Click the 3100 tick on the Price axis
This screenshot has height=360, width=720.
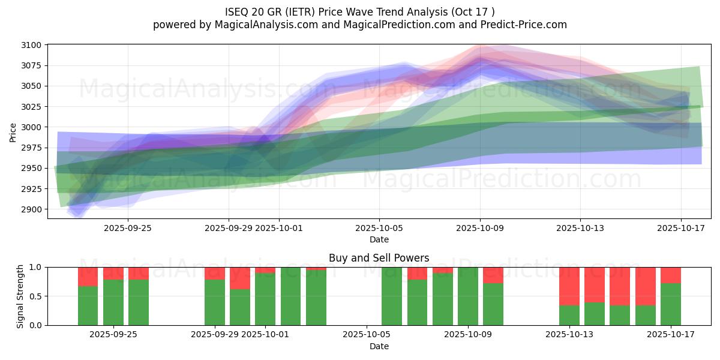click(x=33, y=45)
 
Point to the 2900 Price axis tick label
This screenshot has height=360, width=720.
click(x=33, y=209)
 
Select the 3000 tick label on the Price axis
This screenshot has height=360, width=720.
click(x=33, y=127)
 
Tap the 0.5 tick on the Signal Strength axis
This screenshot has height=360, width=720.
click(x=35, y=296)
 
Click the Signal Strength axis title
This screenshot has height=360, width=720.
click(x=20, y=296)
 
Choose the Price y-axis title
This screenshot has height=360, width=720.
click(x=13, y=132)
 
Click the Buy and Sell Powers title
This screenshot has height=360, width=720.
click(x=379, y=258)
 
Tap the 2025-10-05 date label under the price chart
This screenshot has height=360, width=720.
click(x=379, y=228)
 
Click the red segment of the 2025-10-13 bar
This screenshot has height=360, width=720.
click(x=569, y=286)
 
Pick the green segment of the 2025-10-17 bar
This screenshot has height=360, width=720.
click(x=671, y=304)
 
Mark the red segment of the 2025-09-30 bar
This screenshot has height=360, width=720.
click(x=240, y=278)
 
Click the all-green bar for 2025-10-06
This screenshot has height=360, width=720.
click(x=392, y=296)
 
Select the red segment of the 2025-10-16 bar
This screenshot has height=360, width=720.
click(x=646, y=286)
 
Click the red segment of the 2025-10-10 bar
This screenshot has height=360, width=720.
click(x=493, y=275)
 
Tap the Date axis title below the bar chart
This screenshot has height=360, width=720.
click(x=379, y=346)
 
